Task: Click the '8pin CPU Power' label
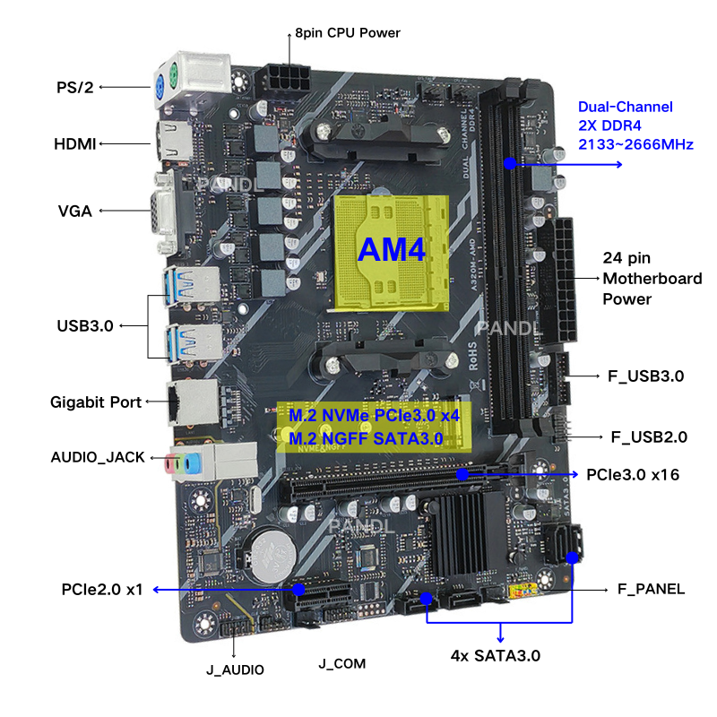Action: (x=348, y=33)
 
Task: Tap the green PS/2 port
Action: (x=173, y=73)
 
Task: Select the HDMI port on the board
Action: (x=175, y=142)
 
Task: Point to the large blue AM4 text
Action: (x=392, y=250)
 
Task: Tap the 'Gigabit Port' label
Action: (x=96, y=402)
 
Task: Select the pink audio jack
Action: (x=169, y=465)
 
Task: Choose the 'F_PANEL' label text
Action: (x=652, y=589)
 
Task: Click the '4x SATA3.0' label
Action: (x=496, y=656)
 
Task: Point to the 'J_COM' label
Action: (x=342, y=663)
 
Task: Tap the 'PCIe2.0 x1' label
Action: (x=102, y=590)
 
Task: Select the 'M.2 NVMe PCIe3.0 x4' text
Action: (x=374, y=415)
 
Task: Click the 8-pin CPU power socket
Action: (x=283, y=80)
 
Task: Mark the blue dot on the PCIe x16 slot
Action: (x=462, y=474)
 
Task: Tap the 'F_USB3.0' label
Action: (x=645, y=376)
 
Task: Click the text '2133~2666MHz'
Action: (x=635, y=144)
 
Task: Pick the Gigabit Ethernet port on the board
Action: (x=193, y=402)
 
